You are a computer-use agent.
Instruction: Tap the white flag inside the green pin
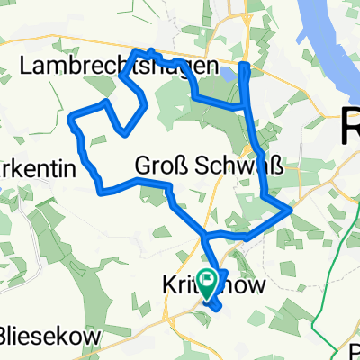click(x=208, y=282)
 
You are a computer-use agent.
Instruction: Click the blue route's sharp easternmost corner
click(x=290, y=210)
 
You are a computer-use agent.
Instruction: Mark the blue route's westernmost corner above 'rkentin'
click(x=72, y=116)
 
